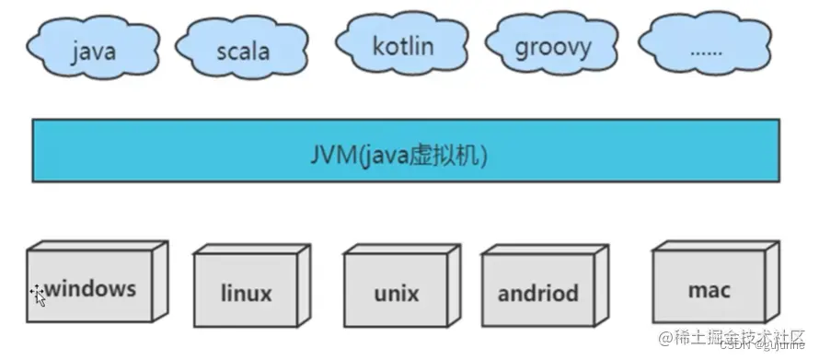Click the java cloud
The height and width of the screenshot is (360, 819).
(92, 47)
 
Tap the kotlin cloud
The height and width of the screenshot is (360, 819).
(402, 43)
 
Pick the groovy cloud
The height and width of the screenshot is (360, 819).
(552, 45)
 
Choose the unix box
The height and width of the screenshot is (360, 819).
(397, 293)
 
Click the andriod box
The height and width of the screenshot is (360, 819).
(538, 293)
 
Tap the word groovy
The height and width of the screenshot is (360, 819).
(553, 46)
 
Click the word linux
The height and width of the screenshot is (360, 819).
(247, 294)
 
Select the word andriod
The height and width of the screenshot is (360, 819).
(538, 294)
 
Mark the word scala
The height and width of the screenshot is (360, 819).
(243, 50)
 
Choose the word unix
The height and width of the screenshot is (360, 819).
(397, 295)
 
